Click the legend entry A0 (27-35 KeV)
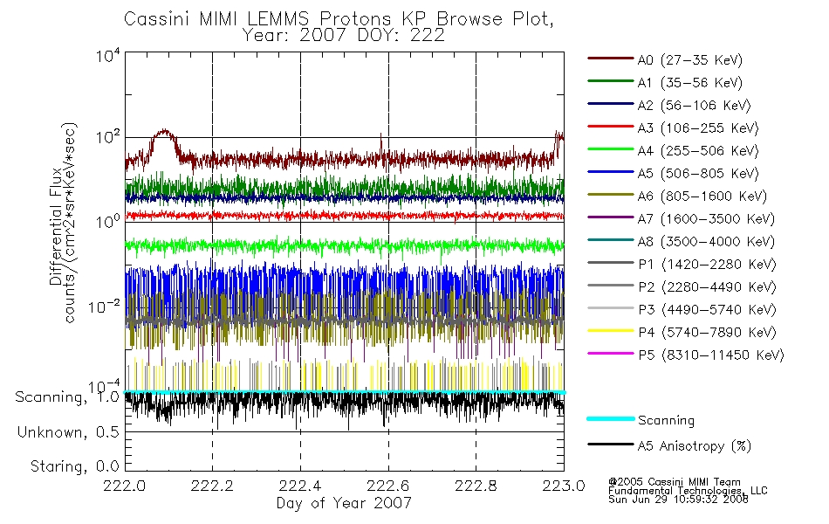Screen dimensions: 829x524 (x=665, y=59)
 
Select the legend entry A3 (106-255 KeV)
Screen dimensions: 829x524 (x=673, y=128)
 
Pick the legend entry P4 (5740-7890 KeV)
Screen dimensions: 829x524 (x=682, y=333)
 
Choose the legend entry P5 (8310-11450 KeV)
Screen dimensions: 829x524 (x=686, y=355)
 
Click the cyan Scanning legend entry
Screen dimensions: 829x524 (x=641, y=420)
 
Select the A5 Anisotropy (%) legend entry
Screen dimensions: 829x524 (x=669, y=446)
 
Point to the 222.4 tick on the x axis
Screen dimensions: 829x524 (x=300, y=486)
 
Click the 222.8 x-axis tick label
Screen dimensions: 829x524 (x=476, y=486)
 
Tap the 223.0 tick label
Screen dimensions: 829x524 (x=564, y=486)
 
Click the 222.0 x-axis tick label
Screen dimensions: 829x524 (x=125, y=486)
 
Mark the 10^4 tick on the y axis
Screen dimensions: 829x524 (x=108, y=55)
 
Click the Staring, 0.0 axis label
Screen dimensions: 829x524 (x=74, y=466)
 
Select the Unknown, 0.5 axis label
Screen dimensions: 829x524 (x=68, y=432)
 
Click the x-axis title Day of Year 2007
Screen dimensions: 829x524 (x=344, y=503)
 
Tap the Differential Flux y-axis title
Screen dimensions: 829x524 (x=56, y=226)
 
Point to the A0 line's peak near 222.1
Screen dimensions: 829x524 (x=165, y=130)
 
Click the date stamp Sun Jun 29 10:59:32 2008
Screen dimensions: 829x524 (x=678, y=500)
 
